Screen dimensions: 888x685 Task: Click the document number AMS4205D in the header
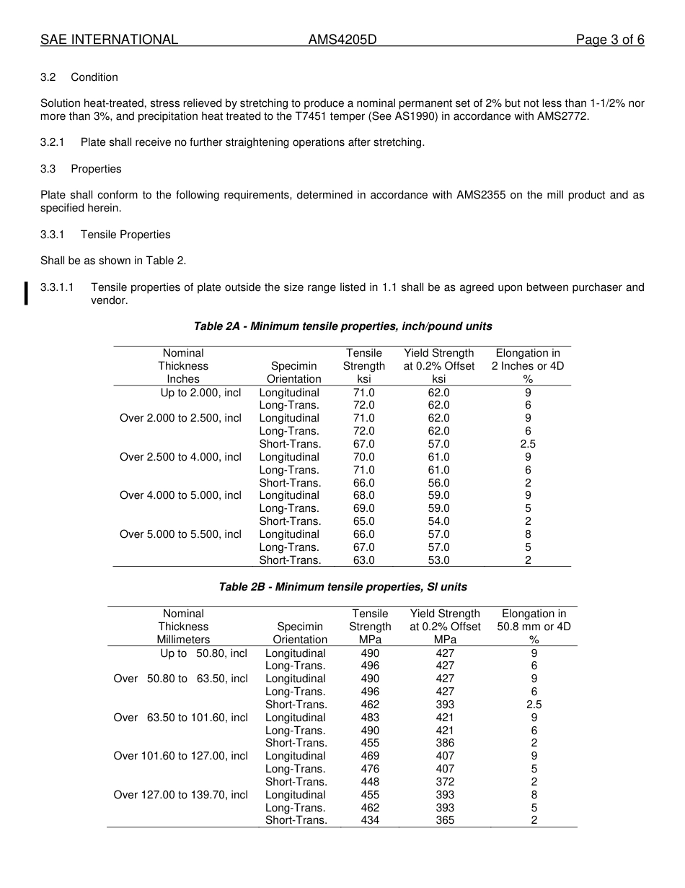pyautogui.click(x=342, y=40)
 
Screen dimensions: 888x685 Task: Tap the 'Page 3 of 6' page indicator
pyautogui.click(x=609, y=40)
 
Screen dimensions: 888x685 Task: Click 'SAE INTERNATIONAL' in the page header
pyautogui.click(x=109, y=40)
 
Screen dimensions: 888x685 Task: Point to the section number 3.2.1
pyautogui.click(x=52, y=142)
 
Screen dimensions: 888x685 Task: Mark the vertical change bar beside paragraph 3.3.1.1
pyautogui.click(x=26, y=294)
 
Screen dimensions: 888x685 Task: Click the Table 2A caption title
pyautogui.click(x=342, y=326)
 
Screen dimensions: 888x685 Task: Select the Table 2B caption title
pyautogui.click(x=342, y=587)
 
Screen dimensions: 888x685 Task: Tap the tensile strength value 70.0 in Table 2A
pyautogui.click(x=363, y=457)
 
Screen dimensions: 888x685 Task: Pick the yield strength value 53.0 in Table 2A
pyautogui.click(x=438, y=560)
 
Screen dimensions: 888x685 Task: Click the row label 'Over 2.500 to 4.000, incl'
pyautogui.click(x=180, y=457)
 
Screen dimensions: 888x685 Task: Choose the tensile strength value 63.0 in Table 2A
pyautogui.click(x=363, y=560)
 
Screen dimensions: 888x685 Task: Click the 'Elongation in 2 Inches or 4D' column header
pyautogui.click(x=528, y=366)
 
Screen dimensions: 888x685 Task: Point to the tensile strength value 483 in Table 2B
pyautogui.click(x=370, y=718)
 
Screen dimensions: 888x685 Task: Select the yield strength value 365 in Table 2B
pyautogui.click(x=445, y=820)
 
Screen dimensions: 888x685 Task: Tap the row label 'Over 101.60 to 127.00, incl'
pyautogui.click(x=180, y=756)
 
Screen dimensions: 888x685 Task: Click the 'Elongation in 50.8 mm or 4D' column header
pyautogui.click(x=534, y=627)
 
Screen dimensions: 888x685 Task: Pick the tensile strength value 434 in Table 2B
pyautogui.click(x=370, y=820)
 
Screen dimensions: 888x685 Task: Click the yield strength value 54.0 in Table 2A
pyautogui.click(x=438, y=521)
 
